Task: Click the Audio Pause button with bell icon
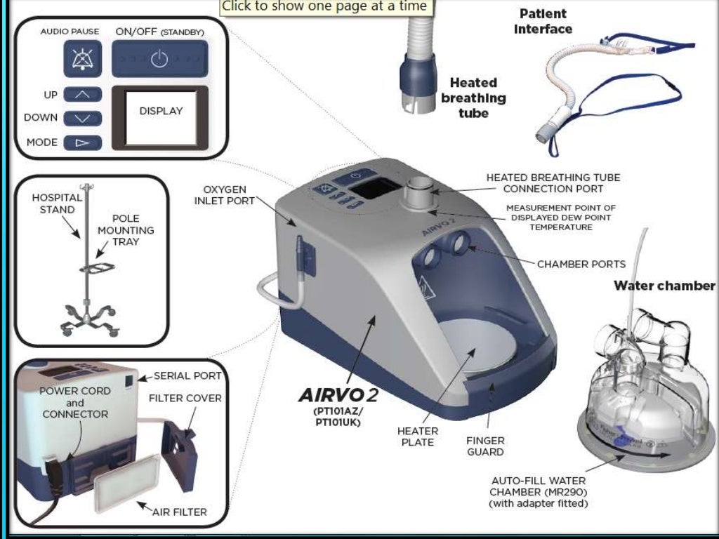82,58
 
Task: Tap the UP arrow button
82,94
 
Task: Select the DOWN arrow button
82,118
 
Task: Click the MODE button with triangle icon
82,142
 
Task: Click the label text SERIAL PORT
187,376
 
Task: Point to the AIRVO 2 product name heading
338,395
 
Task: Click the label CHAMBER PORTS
581,265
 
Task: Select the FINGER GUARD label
485,446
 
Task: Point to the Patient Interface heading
543,22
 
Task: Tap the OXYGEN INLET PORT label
224,196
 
